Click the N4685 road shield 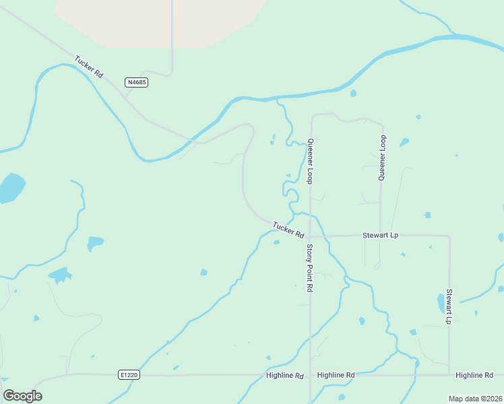coord(136,82)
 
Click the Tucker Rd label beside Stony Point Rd coord(288,229)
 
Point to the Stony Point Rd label coord(310,267)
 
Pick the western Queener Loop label coord(311,161)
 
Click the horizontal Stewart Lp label coord(381,236)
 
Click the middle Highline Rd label coord(336,374)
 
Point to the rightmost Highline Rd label coord(474,374)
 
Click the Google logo coord(22,396)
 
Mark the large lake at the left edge coord(11,188)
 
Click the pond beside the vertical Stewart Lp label coord(441,302)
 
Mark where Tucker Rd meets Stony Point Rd coord(310,237)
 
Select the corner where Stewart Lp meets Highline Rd coord(449,374)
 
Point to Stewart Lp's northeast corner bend coord(448,236)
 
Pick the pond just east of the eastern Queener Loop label coord(404,143)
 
